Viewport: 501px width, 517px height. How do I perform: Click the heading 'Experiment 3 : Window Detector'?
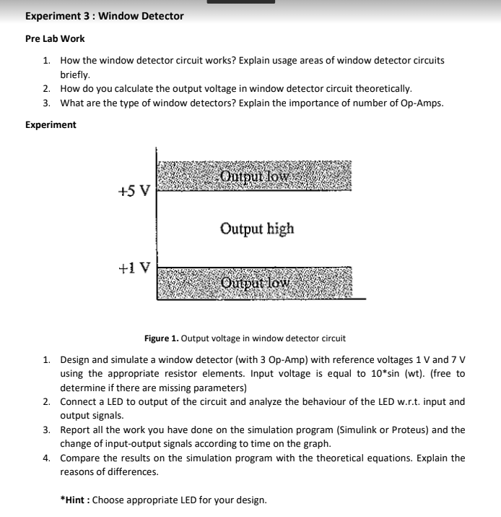pos(105,16)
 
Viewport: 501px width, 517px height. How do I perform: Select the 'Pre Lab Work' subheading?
pos(55,39)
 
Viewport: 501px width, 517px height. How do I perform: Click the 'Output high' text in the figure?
pos(257,229)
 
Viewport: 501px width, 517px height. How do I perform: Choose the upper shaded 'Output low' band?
pos(255,176)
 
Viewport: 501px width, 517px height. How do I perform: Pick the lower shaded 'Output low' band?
pos(255,282)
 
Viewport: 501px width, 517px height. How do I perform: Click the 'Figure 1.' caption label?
pos(161,338)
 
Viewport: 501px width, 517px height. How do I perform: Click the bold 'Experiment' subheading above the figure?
pos(51,125)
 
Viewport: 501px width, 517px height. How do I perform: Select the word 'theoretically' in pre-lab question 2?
pos(383,89)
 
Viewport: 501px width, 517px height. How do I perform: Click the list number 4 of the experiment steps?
pos(46,458)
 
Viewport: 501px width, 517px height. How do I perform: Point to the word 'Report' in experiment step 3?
pos(76,430)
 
